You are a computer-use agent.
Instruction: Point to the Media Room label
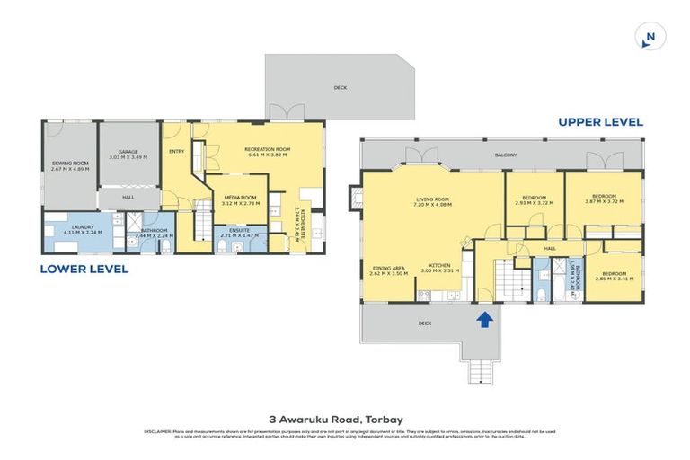[239, 199]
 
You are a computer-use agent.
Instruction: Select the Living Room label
[431, 201]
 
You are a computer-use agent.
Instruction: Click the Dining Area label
[389, 270]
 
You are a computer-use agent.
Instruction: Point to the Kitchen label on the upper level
[439, 267]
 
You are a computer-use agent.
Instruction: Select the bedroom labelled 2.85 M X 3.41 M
[615, 276]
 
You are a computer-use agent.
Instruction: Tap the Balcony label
[505, 155]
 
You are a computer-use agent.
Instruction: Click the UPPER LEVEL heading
[599, 122]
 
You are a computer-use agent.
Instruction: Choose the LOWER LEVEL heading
[84, 268]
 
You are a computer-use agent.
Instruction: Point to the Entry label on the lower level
[176, 152]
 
